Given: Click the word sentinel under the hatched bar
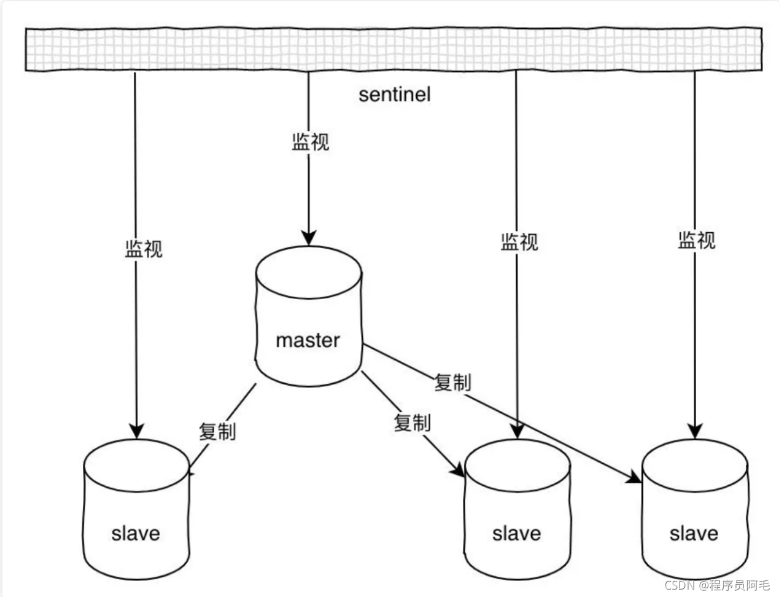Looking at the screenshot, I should pyautogui.click(x=394, y=95).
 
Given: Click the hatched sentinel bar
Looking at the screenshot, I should pyautogui.click(x=393, y=49).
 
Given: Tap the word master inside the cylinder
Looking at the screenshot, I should pyautogui.click(x=308, y=340).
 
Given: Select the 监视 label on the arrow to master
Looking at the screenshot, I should pyautogui.click(x=310, y=142).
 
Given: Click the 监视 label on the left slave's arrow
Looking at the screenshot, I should pyautogui.click(x=144, y=249).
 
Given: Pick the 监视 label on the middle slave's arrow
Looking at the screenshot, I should pyautogui.click(x=519, y=242).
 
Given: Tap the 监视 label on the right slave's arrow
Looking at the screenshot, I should pyautogui.click(x=697, y=240).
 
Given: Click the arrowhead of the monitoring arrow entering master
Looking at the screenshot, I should pyautogui.click(x=308, y=238).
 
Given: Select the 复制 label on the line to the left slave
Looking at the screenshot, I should pyautogui.click(x=217, y=431).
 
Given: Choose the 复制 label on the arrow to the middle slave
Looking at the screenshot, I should pyautogui.click(x=412, y=423).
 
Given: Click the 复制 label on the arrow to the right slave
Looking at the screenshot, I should pyautogui.click(x=452, y=383).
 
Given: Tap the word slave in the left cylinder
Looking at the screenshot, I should pyautogui.click(x=136, y=533).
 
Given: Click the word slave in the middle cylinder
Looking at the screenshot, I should pyautogui.click(x=516, y=533).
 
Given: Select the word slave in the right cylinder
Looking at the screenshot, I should pyautogui.click(x=694, y=533).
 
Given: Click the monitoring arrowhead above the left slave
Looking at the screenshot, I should pyautogui.click(x=136, y=431).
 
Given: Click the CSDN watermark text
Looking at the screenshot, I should pyautogui.click(x=716, y=585).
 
